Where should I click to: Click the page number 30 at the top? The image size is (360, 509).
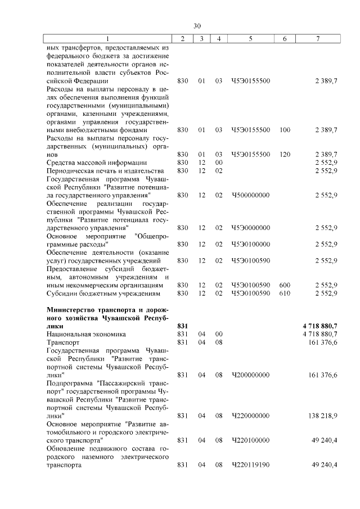click(196, 26)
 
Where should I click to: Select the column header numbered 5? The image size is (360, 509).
click(250, 38)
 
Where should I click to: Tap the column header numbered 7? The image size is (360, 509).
click(318, 38)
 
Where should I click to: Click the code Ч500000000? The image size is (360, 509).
click(250, 195)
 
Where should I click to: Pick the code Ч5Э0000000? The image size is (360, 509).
click(250, 228)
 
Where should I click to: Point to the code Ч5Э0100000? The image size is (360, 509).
click(250, 244)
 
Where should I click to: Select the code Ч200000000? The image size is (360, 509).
click(250, 375)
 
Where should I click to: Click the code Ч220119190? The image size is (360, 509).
click(250, 465)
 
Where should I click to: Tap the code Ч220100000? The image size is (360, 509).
click(250, 440)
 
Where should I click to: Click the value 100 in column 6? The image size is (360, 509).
click(285, 130)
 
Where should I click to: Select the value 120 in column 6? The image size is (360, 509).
click(285, 154)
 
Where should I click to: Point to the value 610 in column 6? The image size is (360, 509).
click(285, 293)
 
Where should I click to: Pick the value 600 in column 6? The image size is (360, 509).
click(285, 285)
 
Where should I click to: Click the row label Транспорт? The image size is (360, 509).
click(63, 342)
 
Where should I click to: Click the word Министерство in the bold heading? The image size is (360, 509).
click(73, 309)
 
